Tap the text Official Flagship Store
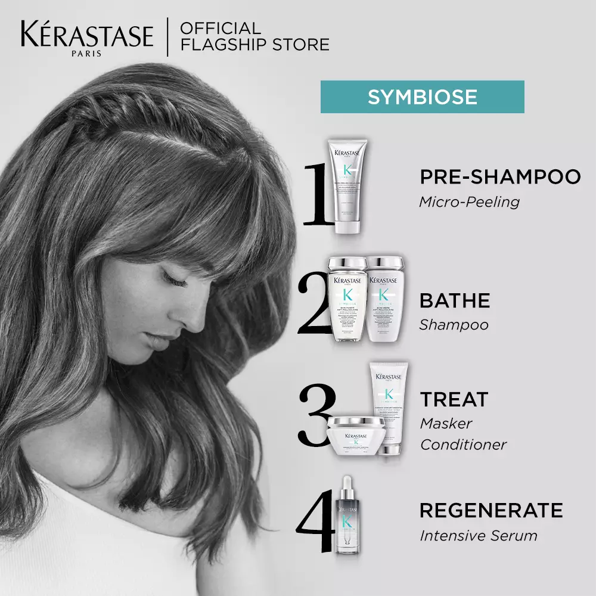[x=254, y=36]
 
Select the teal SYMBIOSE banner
[x=422, y=97]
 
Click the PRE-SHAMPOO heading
[x=499, y=177]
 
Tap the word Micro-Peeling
[x=469, y=202]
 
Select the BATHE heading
[x=455, y=300]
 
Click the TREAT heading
[x=454, y=399]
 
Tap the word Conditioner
[x=462, y=445]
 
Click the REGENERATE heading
[x=491, y=511]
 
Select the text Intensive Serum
[x=478, y=535]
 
